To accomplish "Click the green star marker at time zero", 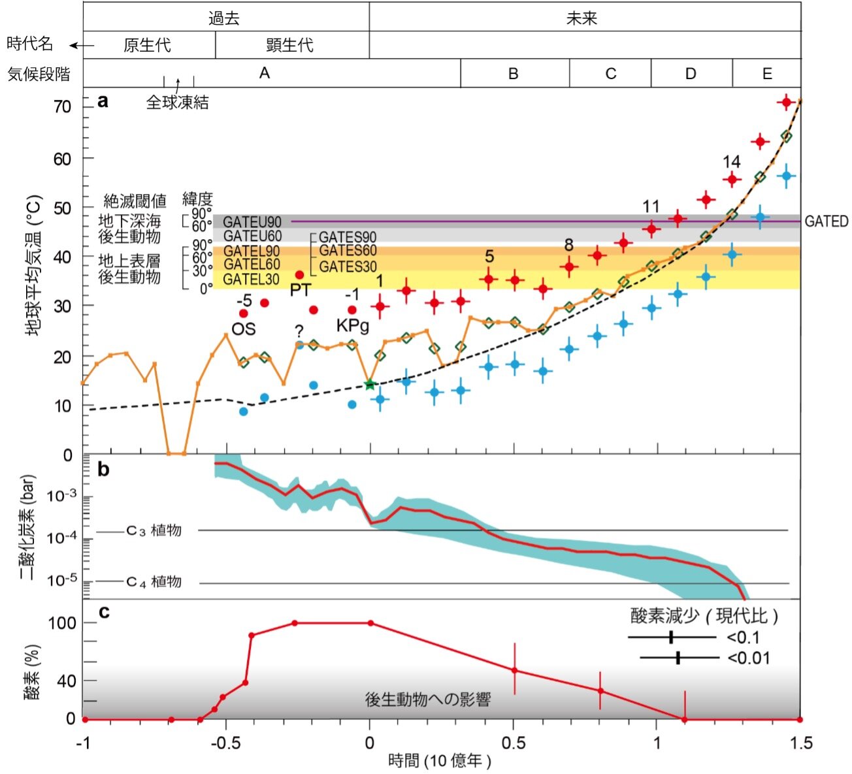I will (x=370, y=384).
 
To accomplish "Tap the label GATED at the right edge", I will (x=826, y=221).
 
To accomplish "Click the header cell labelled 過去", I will (x=225, y=18).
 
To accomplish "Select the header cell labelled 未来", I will (x=582, y=18).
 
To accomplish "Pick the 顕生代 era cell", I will (x=290, y=45).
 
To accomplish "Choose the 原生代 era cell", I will (x=147, y=45).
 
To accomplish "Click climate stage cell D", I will (x=691, y=73).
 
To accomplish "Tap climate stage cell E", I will (x=766, y=73).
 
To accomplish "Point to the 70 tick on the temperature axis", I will (x=62, y=106).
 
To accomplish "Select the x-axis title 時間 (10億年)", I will (x=439, y=761).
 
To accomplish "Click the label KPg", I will (x=353, y=325).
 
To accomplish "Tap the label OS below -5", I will (x=244, y=328).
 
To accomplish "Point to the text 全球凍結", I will (x=177, y=103).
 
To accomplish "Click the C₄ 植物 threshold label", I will (x=154, y=581).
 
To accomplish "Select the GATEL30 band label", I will (x=252, y=280).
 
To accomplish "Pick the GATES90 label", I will (x=348, y=237).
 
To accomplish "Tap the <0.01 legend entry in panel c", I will (x=749, y=658).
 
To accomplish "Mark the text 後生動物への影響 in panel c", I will (x=428, y=700).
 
